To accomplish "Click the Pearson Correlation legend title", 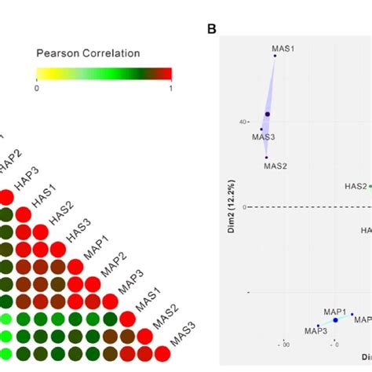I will [88, 53].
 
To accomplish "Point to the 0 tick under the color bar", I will [37, 87].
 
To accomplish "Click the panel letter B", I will [211, 29].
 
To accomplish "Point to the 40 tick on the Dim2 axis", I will [243, 122].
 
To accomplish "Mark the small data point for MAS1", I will [275, 56].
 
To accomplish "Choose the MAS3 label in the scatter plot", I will [263, 137].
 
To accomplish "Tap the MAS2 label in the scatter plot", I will [275, 166].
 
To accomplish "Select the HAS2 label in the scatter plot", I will [356, 186].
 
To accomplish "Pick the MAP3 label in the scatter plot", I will [316, 331].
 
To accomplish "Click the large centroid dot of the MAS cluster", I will [267, 115].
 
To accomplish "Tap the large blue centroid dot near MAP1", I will [335, 320].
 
